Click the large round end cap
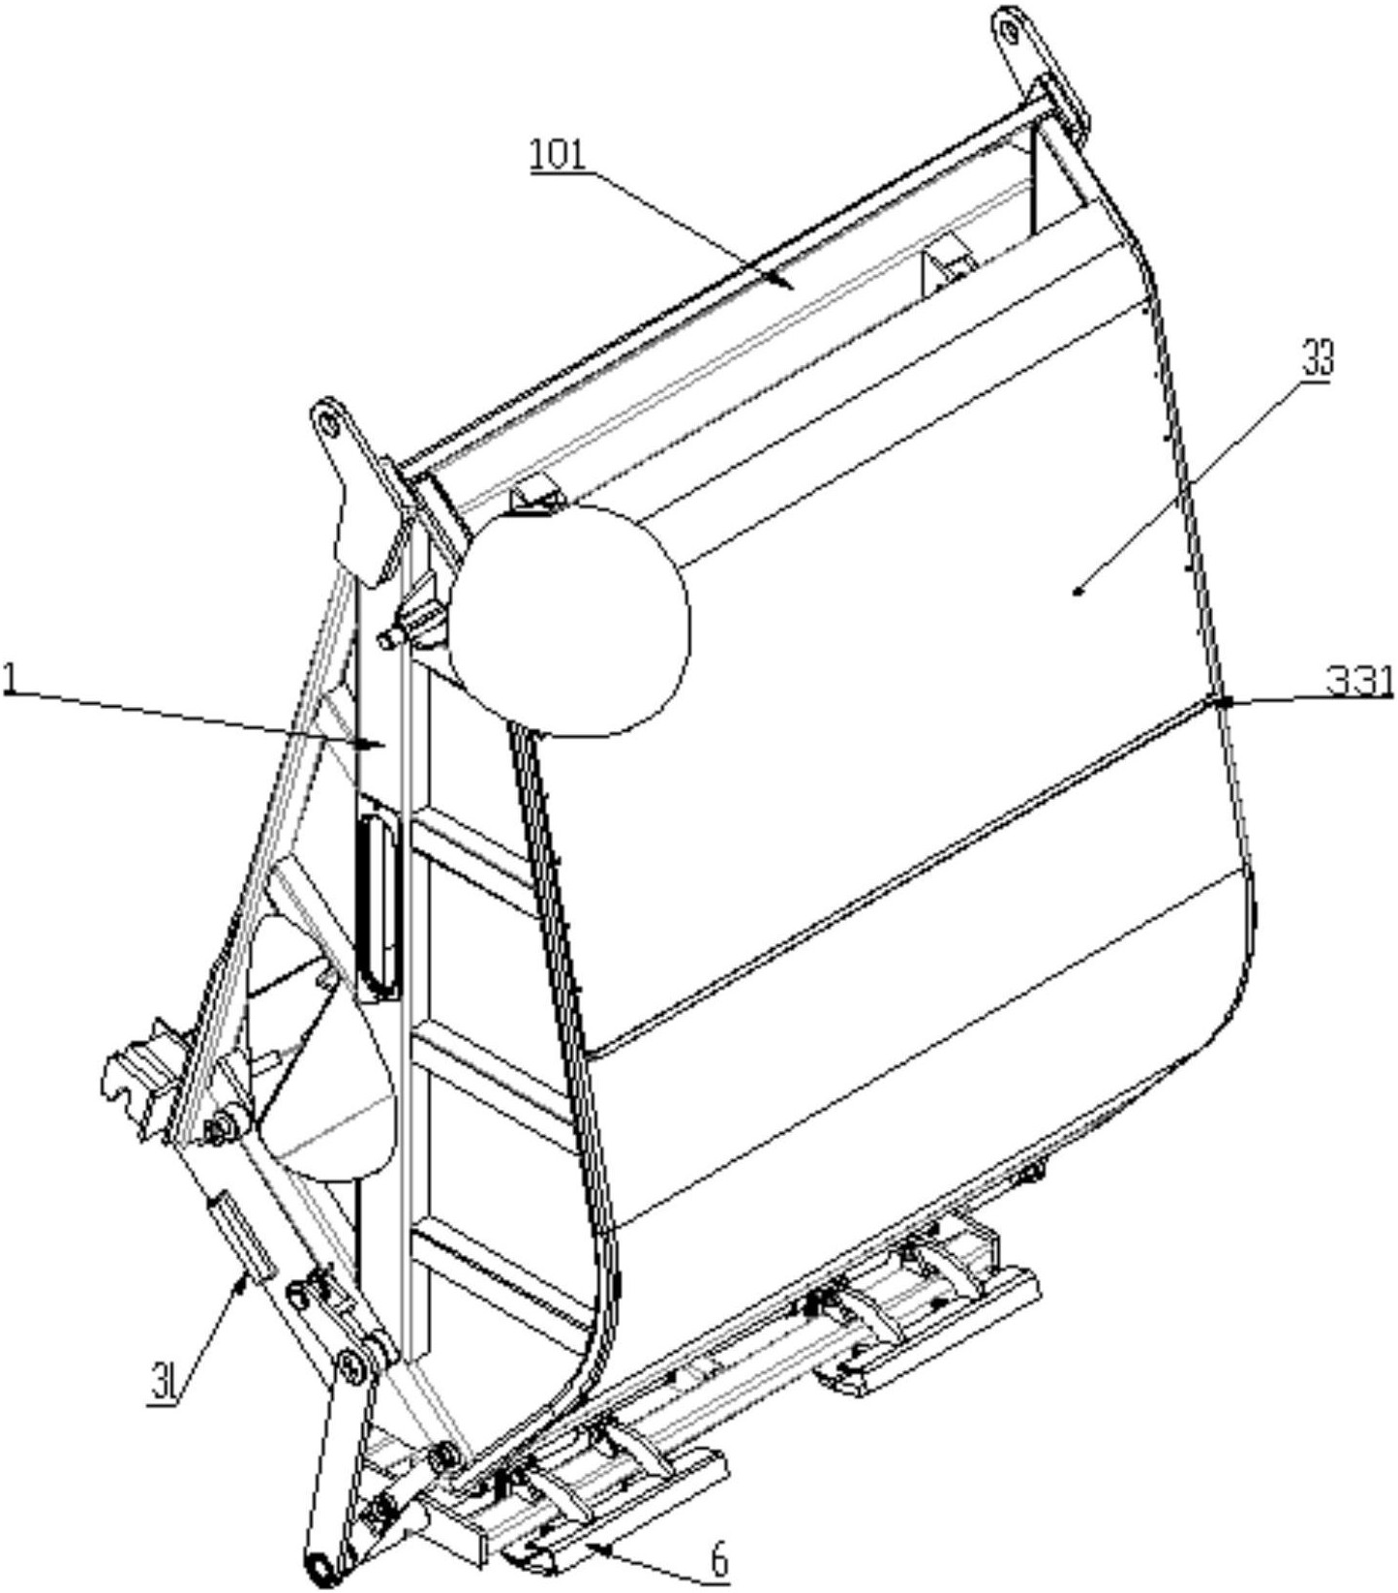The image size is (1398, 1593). pyautogui.click(x=570, y=620)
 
